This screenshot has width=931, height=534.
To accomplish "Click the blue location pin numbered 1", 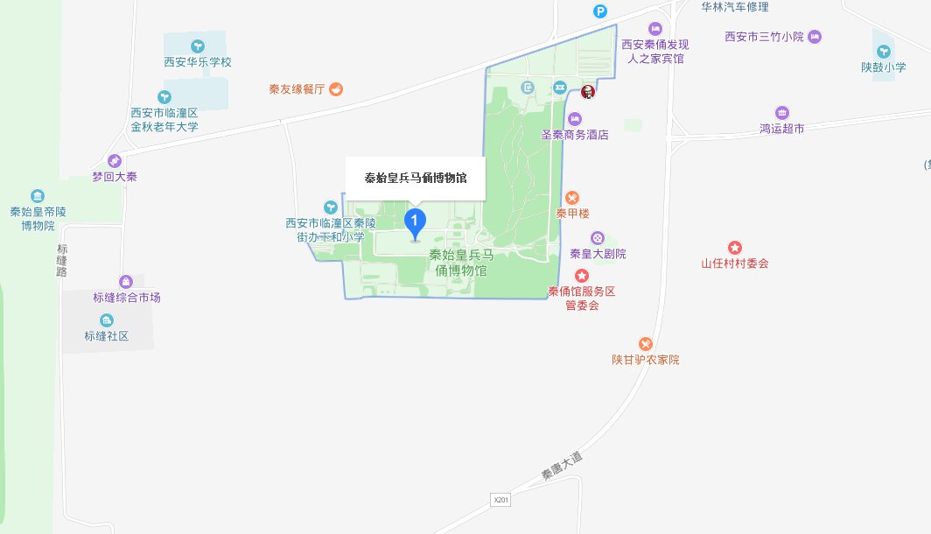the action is coord(415,223).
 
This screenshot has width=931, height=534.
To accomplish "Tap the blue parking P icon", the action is coord(599,11).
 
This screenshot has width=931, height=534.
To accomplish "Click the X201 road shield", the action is coord(500,499).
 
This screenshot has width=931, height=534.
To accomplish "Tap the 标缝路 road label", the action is coord(61,260).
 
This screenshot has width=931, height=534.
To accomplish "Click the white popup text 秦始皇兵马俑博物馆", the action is coord(415,178).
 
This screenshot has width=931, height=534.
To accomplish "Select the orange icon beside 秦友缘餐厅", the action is coord(336,88).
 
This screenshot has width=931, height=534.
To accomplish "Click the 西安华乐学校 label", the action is coord(198,62).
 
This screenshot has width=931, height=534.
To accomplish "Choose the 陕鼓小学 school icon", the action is coord(883,52).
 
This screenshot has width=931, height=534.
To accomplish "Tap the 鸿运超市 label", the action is coord(781,129).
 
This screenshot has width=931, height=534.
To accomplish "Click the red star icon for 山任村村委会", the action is coord(735,248).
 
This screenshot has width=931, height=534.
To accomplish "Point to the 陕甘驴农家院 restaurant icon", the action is coord(646,344).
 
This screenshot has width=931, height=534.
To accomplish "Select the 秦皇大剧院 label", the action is coord(598,254).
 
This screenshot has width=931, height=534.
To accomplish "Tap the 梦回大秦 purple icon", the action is coord(114,161).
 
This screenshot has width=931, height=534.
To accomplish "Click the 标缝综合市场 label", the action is coord(127,298).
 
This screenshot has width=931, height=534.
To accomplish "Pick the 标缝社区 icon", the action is coord(107,320).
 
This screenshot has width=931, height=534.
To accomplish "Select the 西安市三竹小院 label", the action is coord(764,37).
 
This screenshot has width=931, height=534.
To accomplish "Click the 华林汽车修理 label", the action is coord(735,7).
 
